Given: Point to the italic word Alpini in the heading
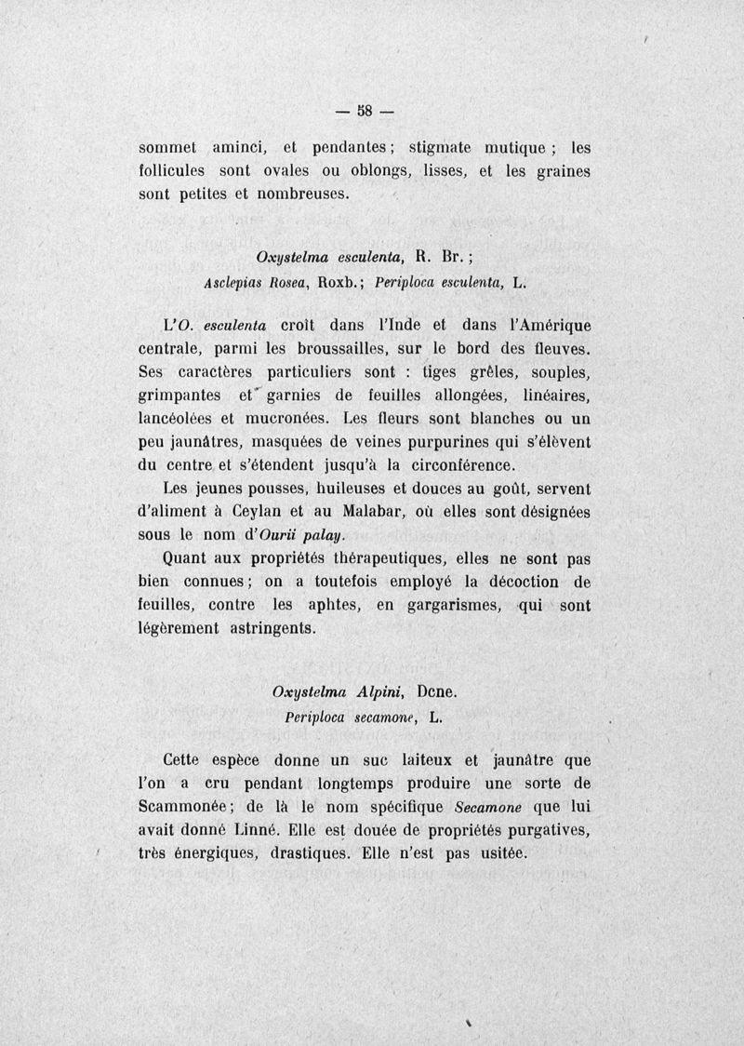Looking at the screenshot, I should click(x=378, y=693).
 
